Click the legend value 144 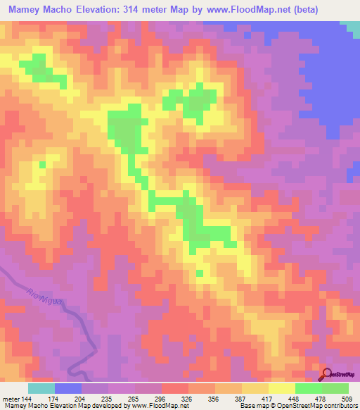[x=27, y=398]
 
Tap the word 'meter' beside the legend [x=11, y=398]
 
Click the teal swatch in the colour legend [x=41, y=388]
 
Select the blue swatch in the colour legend [x=68, y=388]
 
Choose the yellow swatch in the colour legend [x=282, y=388]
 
